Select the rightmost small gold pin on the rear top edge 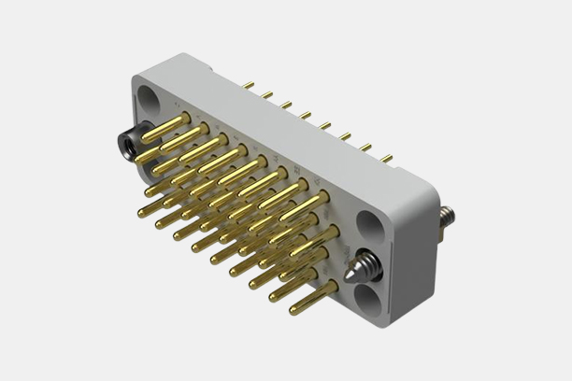tap(385, 158)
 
